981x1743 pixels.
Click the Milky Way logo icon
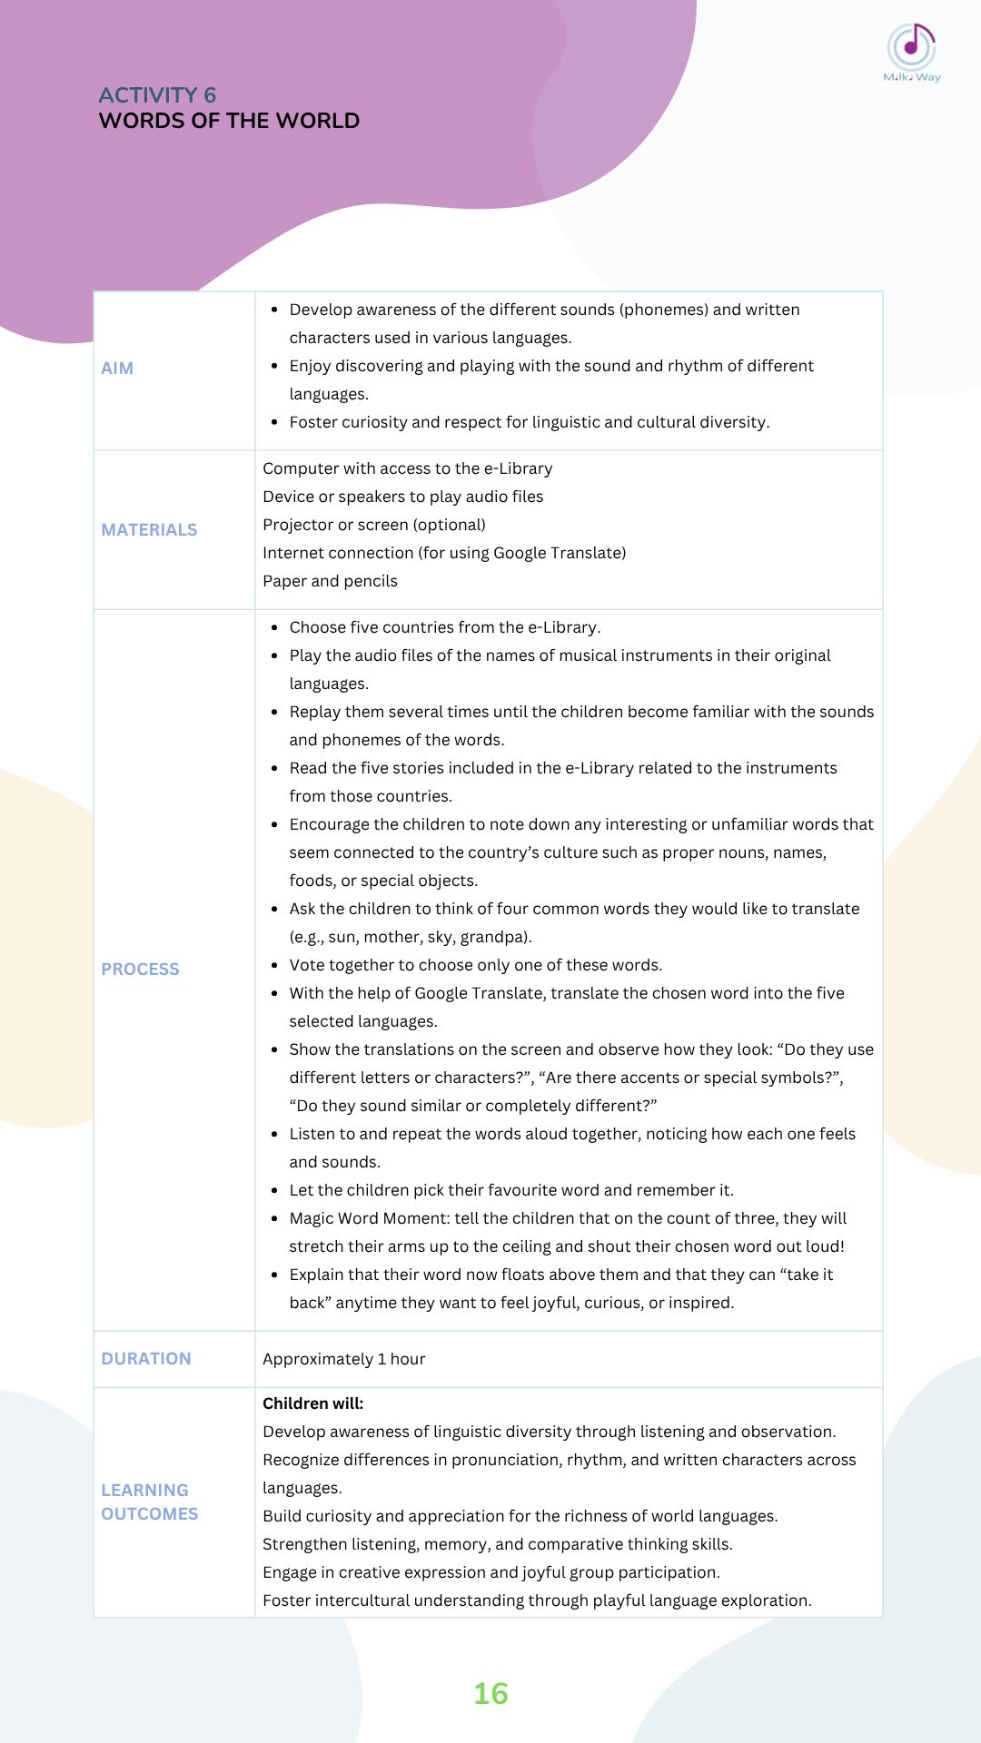pyautogui.click(x=911, y=47)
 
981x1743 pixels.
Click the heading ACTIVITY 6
pyautogui.click(x=157, y=95)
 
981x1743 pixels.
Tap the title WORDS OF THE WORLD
pyautogui.click(x=229, y=121)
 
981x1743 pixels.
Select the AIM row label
pyautogui.click(x=117, y=369)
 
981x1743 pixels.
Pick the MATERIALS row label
pyautogui.click(x=149, y=530)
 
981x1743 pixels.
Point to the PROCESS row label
pyautogui.click(x=140, y=970)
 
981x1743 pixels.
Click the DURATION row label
pyautogui.click(x=146, y=1359)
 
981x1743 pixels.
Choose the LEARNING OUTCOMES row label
pyautogui.click(x=149, y=1502)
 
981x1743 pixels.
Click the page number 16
pyautogui.click(x=490, y=1694)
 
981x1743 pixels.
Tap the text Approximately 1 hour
pyautogui.click(x=343, y=1359)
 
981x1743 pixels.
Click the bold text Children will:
pyautogui.click(x=312, y=1403)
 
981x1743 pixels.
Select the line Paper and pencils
pyautogui.click(x=330, y=581)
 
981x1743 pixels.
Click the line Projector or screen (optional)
pyautogui.click(x=373, y=525)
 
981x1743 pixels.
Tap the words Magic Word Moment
pyautogui.click(x=367, y=1218)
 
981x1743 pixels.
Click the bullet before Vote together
pyautogui.click(x=274, y=965)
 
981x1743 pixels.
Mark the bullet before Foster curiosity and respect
pyautogui.click(x=274, y=422)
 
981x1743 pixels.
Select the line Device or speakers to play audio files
pyautogui.click(x=402, y=497)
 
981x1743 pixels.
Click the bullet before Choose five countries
pyautogui.click(x=274, y=627)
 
